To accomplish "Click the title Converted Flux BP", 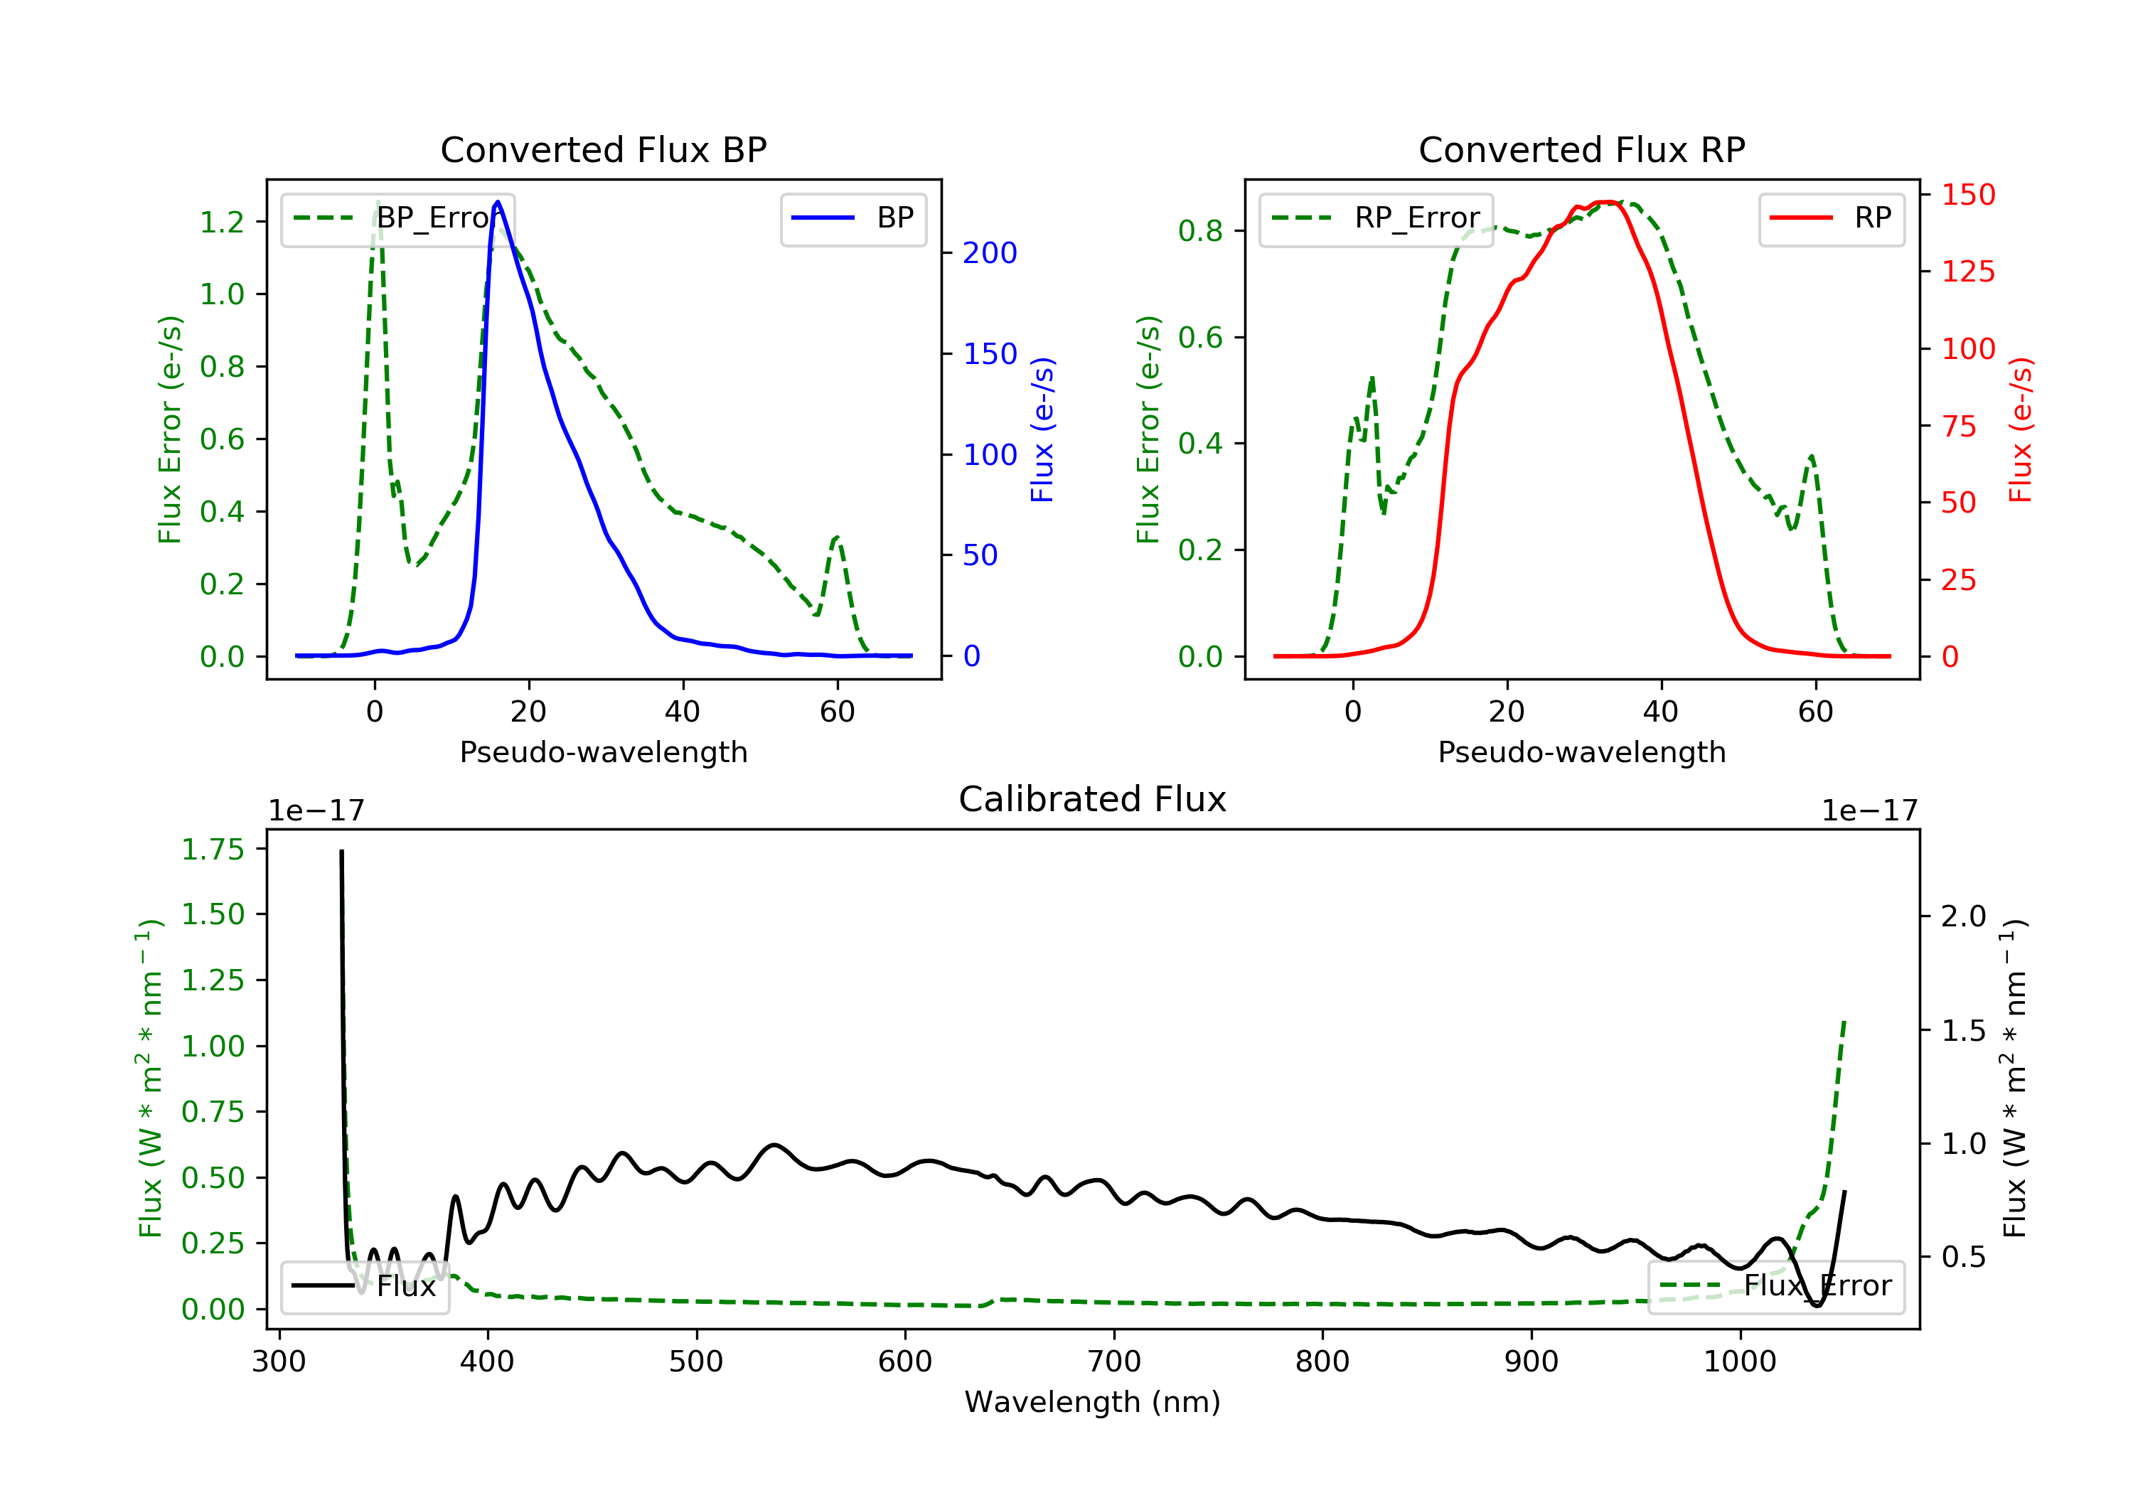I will click(x=603, y=149).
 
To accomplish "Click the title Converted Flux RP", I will click(x=1581, y=149).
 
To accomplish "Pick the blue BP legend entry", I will click(x=852, y=218).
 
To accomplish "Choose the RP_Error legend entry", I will click(x=1376, y=218).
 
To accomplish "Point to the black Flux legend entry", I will click(x=364, y=1286).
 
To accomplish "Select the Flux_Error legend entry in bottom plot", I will click(x=1775, y=1286).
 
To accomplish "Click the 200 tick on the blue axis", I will click(x=990, y=252).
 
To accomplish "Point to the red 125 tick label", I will click(x=1967, y=272).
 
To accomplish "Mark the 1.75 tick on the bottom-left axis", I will click(x=213, y=849).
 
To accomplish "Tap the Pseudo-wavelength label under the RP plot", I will click(x=1581, y=751).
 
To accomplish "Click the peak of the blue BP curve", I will click(x=498, y=203).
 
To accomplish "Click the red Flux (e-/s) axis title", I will click(x=2020, y=429).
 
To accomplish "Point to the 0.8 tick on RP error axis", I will click(x=1200, y=230).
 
